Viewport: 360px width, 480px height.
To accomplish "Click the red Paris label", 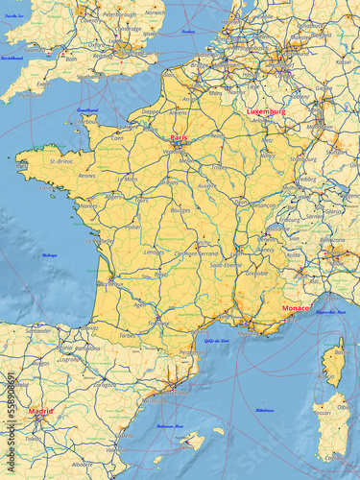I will pos(179,138).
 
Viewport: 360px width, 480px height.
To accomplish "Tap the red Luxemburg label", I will pos(266,111).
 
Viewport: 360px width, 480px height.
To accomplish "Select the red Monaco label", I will pos(295,308).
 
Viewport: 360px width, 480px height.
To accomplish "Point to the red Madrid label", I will pos(40,411).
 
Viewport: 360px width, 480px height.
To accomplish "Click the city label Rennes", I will pos(87,176).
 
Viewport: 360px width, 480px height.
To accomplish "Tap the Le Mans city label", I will pos(128,178).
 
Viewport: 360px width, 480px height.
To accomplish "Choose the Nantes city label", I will pos(88,205).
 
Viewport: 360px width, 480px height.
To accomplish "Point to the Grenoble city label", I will pos(255,273).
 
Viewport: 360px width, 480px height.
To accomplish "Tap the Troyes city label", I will pos(220,167).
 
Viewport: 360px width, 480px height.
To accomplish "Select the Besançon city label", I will pos(264,204).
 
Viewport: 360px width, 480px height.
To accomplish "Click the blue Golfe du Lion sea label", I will pos(216,341).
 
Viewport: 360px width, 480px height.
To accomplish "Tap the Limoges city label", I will pos(154,252).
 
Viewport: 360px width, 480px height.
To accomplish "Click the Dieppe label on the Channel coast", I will pos(152,111).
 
